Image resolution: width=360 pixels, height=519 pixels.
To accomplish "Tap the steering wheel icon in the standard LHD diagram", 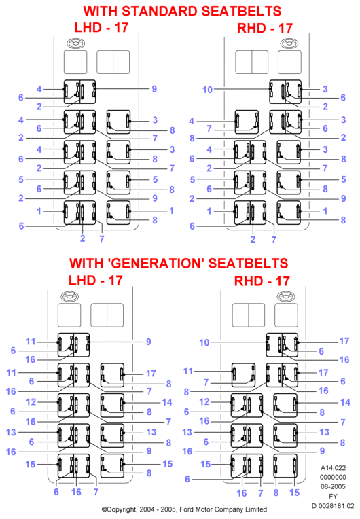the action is click(76, 43).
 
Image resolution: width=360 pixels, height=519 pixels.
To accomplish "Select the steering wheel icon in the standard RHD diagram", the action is click(289, 43).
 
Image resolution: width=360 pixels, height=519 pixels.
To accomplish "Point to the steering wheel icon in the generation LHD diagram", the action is click(70, 296).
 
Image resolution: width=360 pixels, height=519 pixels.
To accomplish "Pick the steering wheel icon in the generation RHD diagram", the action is click(286, 296).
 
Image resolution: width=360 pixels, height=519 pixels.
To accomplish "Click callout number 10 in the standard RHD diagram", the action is click(207, 90).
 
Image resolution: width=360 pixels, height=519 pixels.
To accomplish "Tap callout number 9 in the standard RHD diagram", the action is click(343, 198).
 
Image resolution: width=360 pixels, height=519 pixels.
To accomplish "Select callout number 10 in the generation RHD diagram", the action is click(204, 342).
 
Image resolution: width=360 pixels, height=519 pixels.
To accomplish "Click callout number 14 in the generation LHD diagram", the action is click(167, 402).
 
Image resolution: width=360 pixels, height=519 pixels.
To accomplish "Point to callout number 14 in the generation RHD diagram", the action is click(345, 402).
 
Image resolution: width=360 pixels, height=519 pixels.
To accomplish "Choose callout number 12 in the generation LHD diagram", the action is click(31, 402).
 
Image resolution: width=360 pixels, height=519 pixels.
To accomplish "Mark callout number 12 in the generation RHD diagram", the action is click(204, 402).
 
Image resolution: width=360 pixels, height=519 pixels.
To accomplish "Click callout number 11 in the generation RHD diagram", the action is click(188, 371).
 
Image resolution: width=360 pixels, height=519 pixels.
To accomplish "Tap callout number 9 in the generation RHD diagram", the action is click(322, 451).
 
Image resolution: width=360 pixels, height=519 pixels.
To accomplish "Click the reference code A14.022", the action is click(334, 468).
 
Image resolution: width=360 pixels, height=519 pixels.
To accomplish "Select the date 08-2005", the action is click(333, 487).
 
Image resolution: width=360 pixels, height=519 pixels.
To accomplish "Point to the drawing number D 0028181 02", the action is click(333, 506).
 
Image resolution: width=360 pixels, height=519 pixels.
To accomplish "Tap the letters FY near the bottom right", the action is click(333, 497).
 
